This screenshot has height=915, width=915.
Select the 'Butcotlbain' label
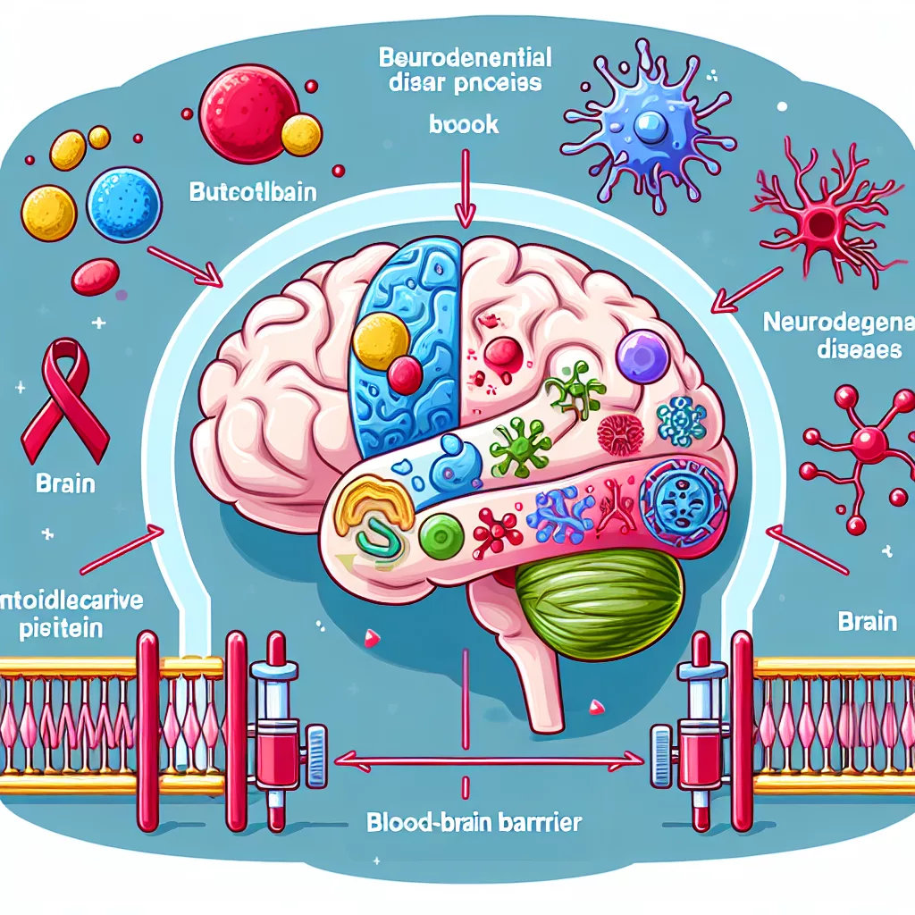click(253, 192)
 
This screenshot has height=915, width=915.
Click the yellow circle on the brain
click(382, 340)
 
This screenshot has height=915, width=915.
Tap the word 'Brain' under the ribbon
click(64, 486)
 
